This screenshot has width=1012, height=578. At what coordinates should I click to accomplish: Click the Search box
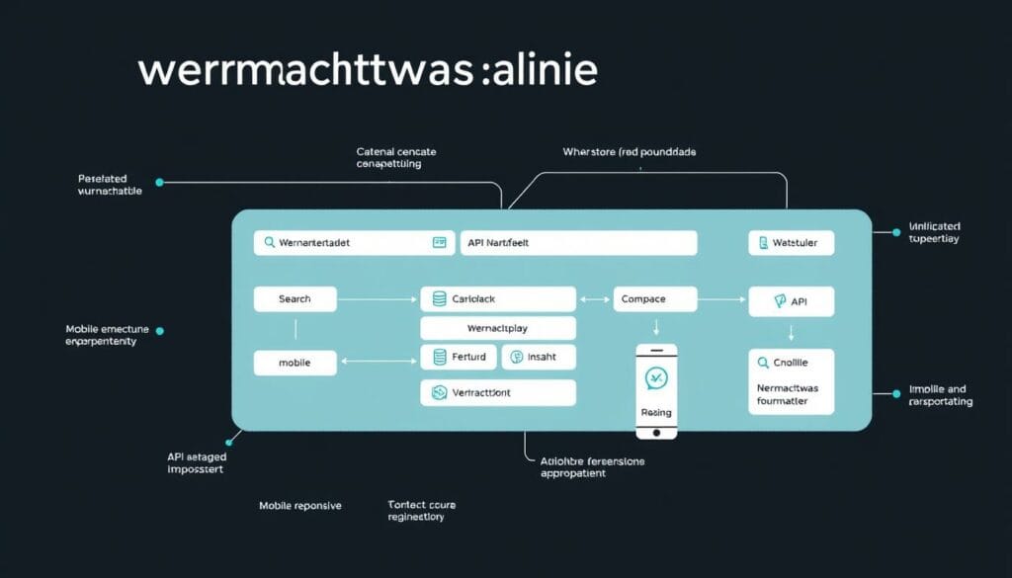[295, 299]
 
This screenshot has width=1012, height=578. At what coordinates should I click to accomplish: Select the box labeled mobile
[295, 363]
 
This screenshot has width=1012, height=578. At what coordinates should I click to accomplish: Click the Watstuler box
[791, 242]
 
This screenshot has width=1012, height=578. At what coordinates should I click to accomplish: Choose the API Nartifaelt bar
[578, 242]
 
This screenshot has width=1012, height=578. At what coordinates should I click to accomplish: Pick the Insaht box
[539, 357]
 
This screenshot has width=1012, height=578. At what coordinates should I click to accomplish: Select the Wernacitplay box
[498, 328]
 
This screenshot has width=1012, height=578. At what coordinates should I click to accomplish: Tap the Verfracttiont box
[498, 392]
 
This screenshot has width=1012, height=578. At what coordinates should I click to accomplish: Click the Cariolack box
[498, 299]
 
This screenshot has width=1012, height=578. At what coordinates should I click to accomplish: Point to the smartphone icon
[656, 390]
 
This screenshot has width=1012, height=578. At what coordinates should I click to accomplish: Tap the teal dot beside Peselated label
[160, 183]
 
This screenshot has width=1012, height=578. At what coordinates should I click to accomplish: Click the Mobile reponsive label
[300, 505]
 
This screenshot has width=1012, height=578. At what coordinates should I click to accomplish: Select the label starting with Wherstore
[629, 152]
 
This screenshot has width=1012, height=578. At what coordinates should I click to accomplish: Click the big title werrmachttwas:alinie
[368, 72]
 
